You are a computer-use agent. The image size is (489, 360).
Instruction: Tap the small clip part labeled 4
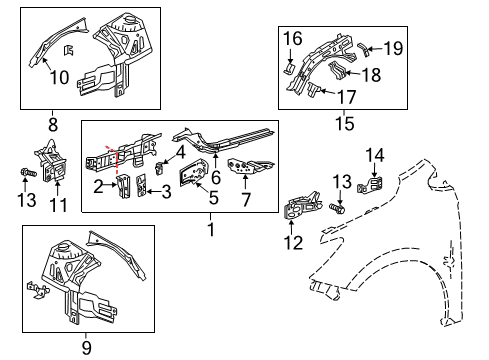pos(160,164)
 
